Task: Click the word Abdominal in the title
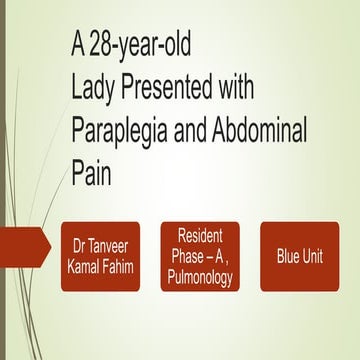click(x=273, y=131)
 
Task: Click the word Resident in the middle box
click(x=201, y=236)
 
